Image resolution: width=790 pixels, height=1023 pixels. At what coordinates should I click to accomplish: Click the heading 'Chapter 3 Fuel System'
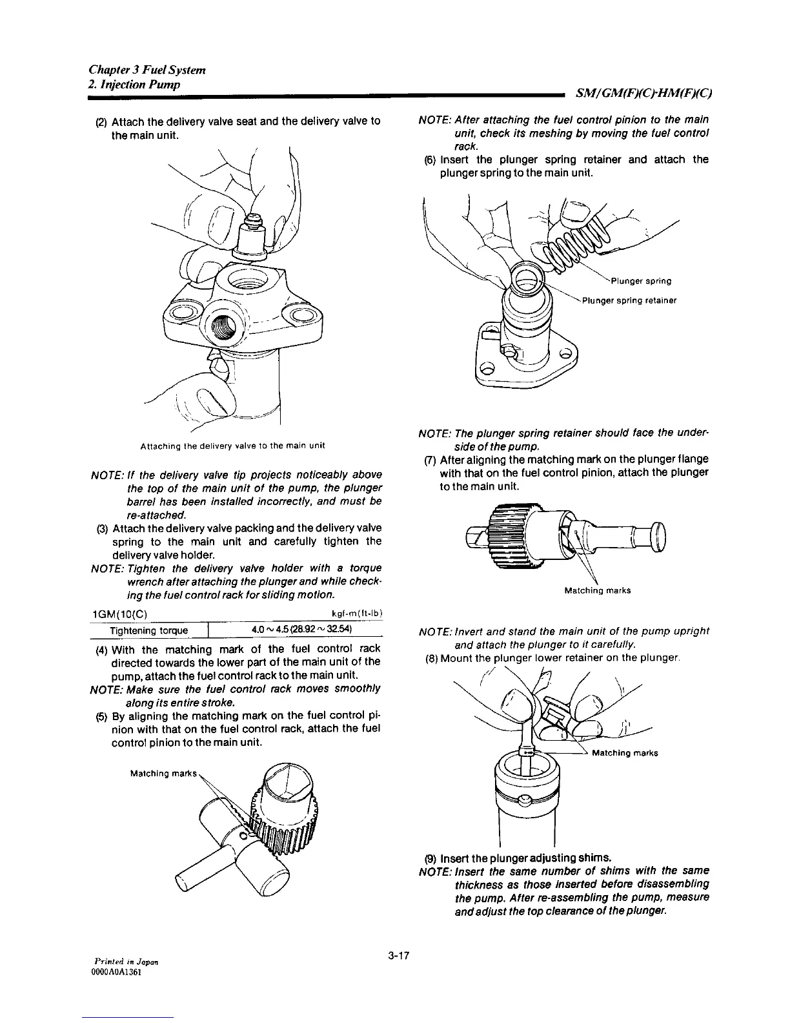147,70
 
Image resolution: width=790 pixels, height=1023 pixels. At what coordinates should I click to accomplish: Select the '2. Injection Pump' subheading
134,85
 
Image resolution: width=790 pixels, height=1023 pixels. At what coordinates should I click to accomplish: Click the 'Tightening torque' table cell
149,630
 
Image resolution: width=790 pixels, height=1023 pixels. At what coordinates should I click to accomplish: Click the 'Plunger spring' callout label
640,281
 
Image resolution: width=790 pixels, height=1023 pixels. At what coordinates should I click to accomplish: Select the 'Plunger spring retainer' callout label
629,300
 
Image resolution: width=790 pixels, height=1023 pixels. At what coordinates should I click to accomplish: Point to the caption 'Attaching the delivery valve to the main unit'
232,446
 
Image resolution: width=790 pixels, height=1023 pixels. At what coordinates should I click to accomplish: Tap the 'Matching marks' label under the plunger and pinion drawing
597,590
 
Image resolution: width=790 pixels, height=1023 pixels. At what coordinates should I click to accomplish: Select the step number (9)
430,858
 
